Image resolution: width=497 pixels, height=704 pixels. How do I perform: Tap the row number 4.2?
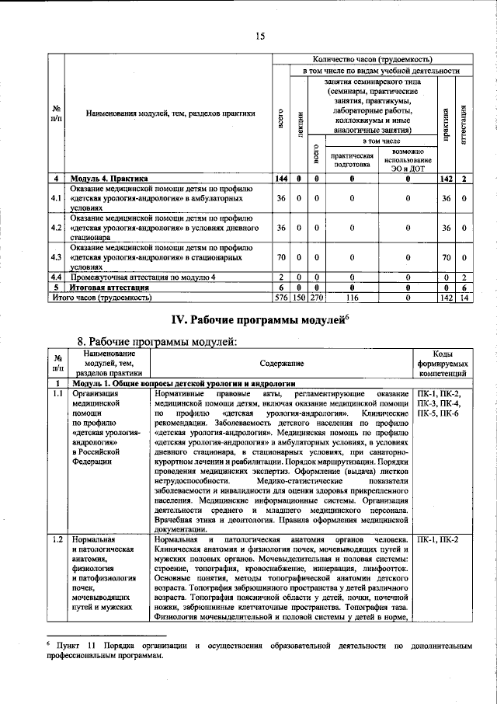point(56,228)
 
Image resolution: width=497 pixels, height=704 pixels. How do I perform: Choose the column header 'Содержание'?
point(282,363)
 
